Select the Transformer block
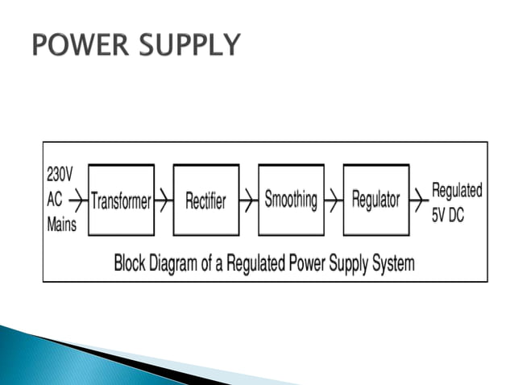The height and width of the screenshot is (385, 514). point(121,201)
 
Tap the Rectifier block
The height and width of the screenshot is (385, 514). point(205,201)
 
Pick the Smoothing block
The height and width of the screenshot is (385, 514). point(291,200)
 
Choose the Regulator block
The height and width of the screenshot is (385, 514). point(376,200)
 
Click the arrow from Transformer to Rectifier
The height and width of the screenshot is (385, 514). point(164,201)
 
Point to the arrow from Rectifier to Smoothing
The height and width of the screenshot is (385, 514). point(248,201)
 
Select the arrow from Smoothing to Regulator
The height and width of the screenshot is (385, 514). point(334,200)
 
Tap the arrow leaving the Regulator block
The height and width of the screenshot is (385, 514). point(420,200)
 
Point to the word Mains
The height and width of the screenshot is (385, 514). point(62,224)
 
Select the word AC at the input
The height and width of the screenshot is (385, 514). point(55,198)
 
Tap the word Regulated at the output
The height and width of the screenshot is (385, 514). point(458,190)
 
